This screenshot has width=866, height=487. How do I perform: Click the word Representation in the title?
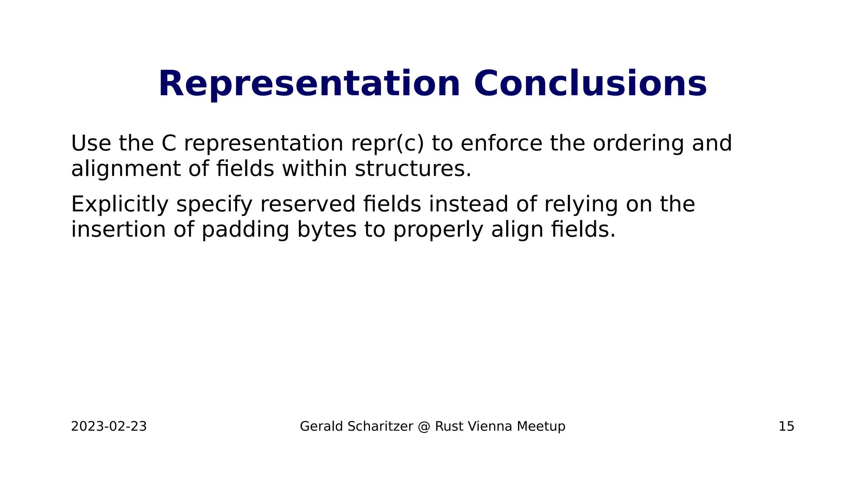click(x=309, y=84)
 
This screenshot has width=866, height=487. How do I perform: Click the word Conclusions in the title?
click(x=590, y=84)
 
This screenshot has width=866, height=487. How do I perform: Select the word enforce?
click(x=501, y=143)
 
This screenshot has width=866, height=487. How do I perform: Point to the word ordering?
click(x=638, y=143)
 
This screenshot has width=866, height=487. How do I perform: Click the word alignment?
click(x=126, y=169)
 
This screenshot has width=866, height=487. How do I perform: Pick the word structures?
click(x=412, y=169)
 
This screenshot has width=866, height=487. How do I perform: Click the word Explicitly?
click(x=120, y=204)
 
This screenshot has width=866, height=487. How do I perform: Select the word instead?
click(x=468, y=204)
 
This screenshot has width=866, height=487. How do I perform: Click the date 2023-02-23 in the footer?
click(x=109, y=427)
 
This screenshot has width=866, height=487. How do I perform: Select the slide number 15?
click(x=786, y=427)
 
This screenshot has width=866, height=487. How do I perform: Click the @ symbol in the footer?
click(x=424, y=427)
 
